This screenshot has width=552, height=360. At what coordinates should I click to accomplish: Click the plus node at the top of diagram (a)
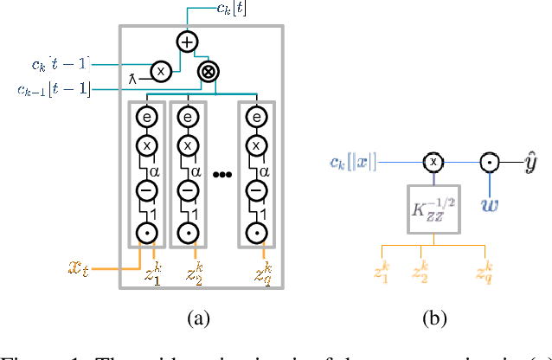(x=186, y=42)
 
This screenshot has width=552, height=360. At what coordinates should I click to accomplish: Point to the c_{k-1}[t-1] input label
(x=54, y=88)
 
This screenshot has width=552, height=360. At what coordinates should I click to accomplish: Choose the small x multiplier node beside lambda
(x=161, y=69)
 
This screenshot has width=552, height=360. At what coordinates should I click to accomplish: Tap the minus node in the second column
(x=186, y=192)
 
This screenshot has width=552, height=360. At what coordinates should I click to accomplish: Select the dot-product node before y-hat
(x=489, y=162)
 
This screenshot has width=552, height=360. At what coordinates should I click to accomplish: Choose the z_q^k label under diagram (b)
(x=484, y=273)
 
